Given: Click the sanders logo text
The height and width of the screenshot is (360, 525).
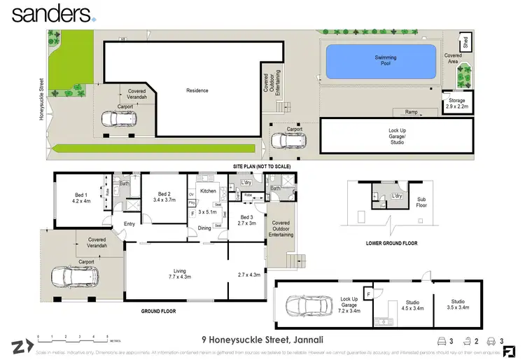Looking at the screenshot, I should click(50, 13).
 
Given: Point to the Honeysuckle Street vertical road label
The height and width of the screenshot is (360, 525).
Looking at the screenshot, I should click(42, 95).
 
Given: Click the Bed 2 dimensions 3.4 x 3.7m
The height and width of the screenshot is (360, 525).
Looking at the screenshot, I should click(164, 200).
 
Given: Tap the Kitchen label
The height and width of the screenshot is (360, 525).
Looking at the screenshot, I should click(209, 191).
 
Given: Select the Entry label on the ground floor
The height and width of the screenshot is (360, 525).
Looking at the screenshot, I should click(129, 224).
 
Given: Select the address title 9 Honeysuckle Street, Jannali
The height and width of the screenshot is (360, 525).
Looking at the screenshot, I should click(262, 338).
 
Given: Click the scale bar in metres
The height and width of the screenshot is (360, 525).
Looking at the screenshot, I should click(68, 338).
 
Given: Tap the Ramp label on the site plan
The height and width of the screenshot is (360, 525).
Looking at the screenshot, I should click(411, 111).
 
